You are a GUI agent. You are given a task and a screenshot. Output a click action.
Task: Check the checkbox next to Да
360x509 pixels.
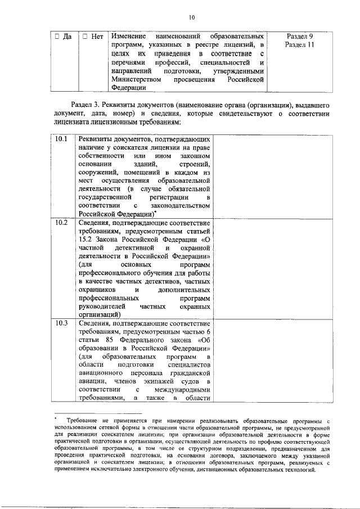tap(57, 37)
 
